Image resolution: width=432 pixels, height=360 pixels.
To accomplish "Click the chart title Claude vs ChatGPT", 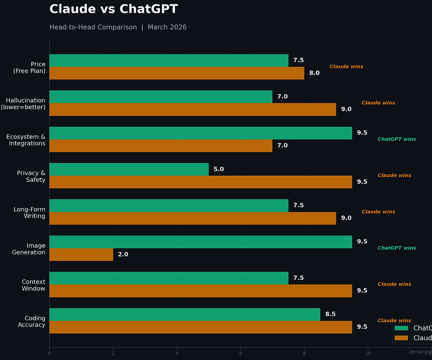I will [x=114, y=9].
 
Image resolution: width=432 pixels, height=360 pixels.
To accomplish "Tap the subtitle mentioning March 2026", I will [x=118, y=27].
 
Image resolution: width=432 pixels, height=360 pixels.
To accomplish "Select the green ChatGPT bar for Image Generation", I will [x=201, y=242].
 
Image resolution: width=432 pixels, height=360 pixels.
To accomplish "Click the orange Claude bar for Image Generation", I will [x=81, y=255].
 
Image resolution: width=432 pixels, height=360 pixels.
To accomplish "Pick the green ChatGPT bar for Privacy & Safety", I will [x=129, y=169].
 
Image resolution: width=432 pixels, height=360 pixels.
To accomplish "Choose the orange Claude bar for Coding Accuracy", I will [x=201, y=327].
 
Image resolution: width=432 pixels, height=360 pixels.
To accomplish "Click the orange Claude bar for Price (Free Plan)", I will [x=176, y=73].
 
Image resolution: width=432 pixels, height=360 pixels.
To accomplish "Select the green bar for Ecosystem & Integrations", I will [x=201, y=133].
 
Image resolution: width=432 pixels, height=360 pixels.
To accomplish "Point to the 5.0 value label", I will [x=219, y=169].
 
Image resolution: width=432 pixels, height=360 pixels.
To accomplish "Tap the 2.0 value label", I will [x=123, y=255].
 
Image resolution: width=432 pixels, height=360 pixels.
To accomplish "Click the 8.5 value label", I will [x=330, y=314].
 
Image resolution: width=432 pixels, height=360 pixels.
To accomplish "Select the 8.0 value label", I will [x=314, y=73].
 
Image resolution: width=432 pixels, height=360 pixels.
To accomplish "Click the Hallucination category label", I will [x=25, y=104].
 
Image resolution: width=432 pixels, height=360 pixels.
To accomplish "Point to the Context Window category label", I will [x=34, y=285].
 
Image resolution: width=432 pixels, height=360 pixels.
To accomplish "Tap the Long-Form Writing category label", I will [x=29, y=212].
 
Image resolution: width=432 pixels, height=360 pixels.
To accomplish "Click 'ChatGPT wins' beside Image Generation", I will [x=397, y=248].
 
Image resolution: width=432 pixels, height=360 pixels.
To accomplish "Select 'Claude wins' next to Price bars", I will [x=346, y=67].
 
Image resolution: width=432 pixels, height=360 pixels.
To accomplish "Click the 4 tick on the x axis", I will [x=177, y=353].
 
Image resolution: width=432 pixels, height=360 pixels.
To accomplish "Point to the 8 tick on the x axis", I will [x=304, y=353].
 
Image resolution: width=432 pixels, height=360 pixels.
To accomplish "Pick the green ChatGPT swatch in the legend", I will [x=401, y=328].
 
